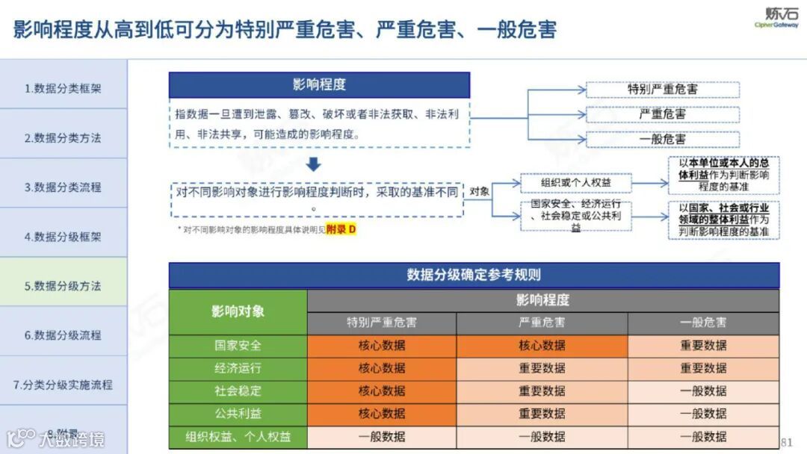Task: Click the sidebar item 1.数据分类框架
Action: coord(63,88)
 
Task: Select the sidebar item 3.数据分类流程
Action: coord(63,187)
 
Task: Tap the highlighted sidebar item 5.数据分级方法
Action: coord(63,286)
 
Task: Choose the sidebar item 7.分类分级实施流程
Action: coord(63,385)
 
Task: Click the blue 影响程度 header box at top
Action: coord(319,84)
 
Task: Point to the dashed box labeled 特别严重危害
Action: coord(662,90)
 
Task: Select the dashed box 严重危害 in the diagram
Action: coord(662,114)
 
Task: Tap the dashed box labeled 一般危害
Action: coord(662,139)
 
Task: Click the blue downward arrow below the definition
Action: coord(315,164)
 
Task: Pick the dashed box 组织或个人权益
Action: coord(575,183)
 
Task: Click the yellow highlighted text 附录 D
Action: coord(341,229)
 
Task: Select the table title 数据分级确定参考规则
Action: coord(474,275)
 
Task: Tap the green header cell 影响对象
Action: coord(238,311)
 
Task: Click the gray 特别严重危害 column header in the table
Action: coord(381,323)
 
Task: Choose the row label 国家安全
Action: coord(238,346)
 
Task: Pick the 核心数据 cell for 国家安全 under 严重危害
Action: coord(542,346)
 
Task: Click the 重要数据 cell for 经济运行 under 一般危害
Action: coord(702,368)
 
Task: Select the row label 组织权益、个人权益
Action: coord(238,437)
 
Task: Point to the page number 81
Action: coord(786,441)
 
